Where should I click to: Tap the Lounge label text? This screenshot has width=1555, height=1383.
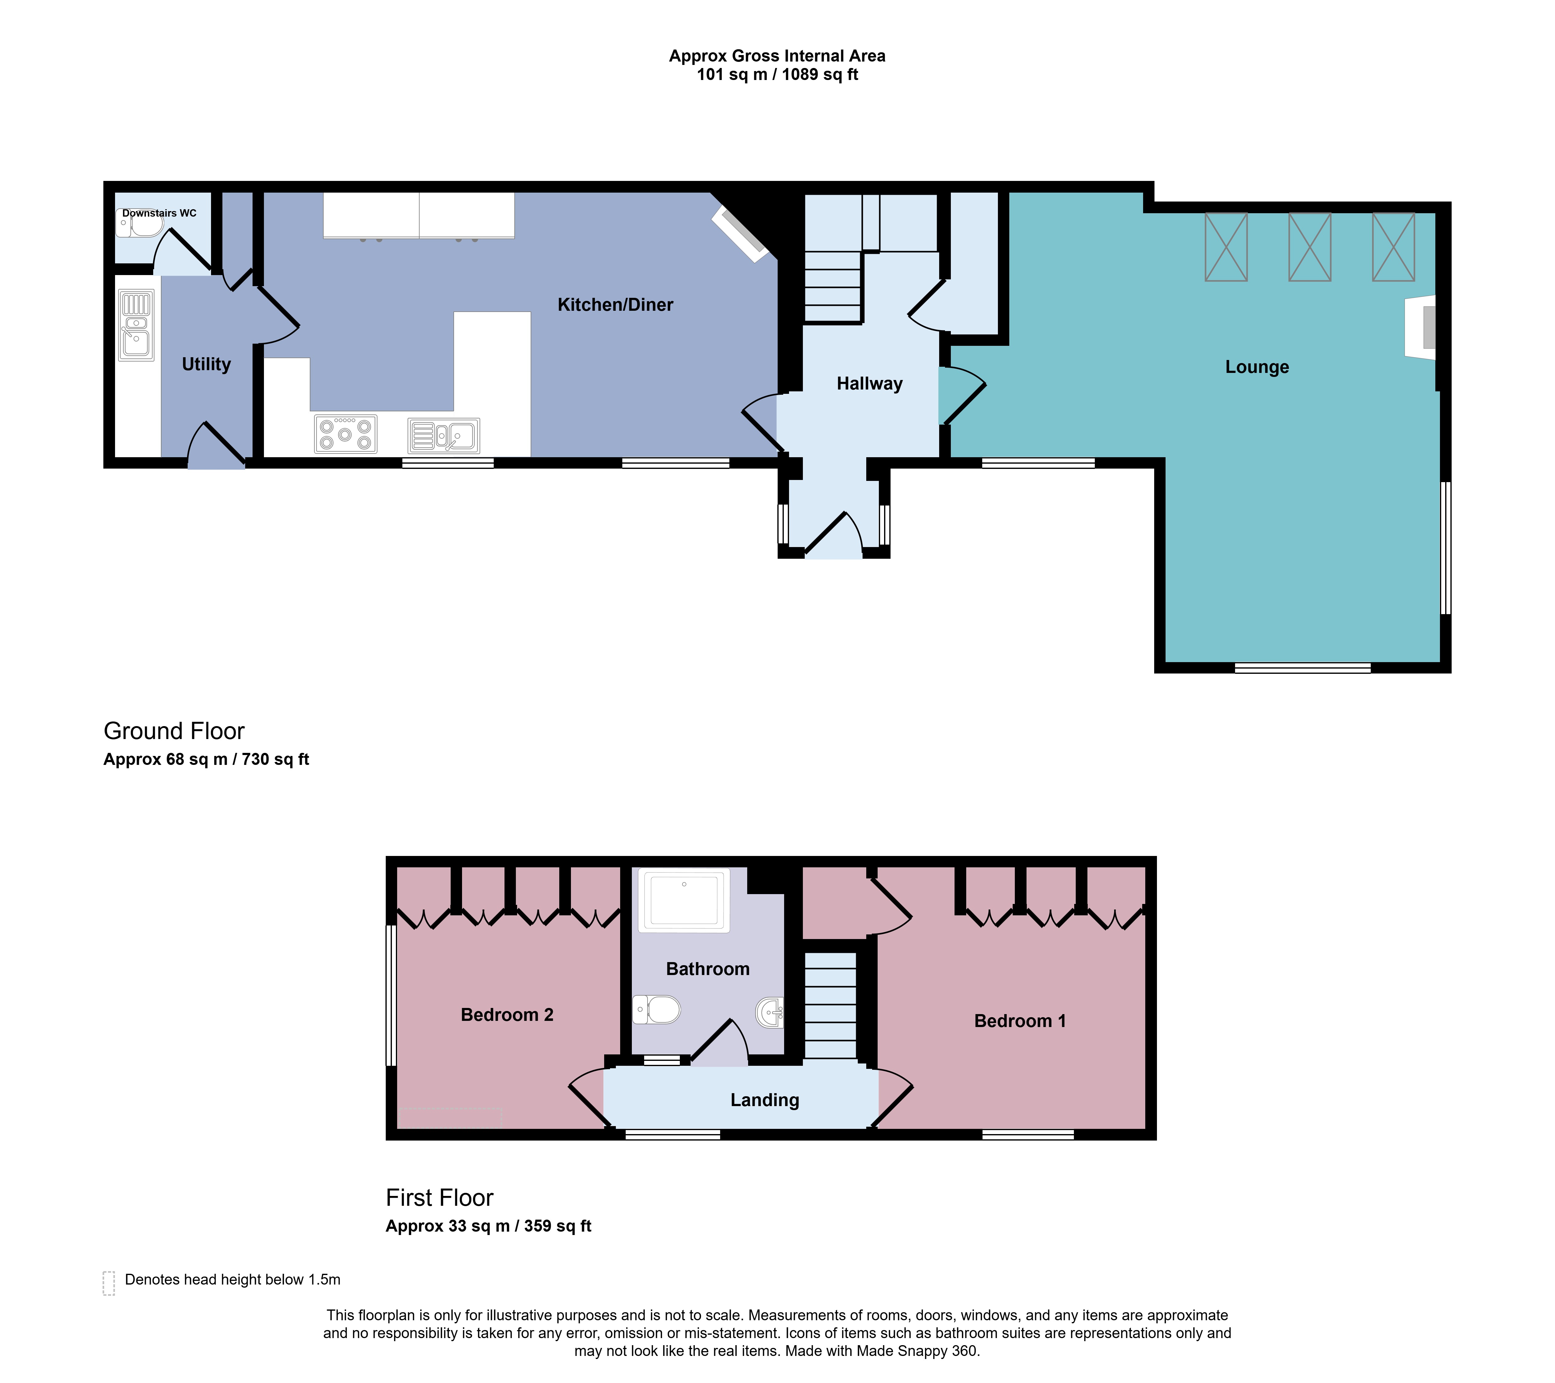coord(1257,367)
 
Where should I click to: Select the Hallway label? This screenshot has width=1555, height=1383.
coord(870,383)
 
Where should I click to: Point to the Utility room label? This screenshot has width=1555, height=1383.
coord(206,364)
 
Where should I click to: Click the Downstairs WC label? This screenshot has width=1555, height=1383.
coord(159,213)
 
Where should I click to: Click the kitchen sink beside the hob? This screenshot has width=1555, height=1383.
coord(444,436)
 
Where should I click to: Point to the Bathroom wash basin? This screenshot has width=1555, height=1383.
coord(770,1013)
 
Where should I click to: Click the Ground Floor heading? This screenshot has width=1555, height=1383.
coord(174,731)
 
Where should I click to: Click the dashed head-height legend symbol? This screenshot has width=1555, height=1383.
coord(109,1283)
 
